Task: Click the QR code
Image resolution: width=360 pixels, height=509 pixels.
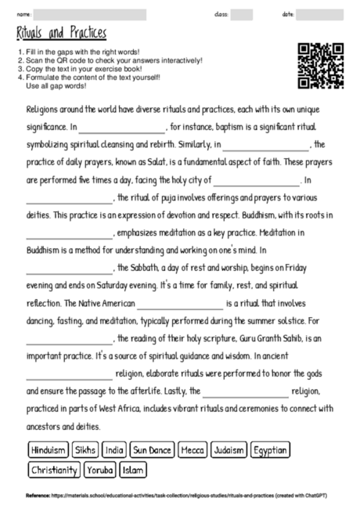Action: [x=321, y=66]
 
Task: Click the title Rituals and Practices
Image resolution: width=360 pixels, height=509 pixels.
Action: [x=61, y=33]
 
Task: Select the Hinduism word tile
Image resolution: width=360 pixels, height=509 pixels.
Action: [x=48, y=450]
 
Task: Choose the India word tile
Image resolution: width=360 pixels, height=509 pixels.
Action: [x=113, y=450]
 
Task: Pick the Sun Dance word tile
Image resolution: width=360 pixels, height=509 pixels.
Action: [x=152, y=450]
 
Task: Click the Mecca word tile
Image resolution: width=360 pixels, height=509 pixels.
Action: [x=192, y=450]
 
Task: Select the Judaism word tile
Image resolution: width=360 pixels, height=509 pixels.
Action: [x=229, y=450]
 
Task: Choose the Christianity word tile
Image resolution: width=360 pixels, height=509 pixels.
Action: [x=54, y=470]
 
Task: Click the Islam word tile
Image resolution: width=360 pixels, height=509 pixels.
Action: [x=133, y=470]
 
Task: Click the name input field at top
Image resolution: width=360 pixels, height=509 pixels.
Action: [x=90, y=14]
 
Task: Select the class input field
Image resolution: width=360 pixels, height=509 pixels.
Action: [x=241, y=14]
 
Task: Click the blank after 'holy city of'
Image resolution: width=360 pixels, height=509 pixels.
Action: [x=256, y=181]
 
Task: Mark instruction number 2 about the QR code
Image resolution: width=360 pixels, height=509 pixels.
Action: [x=110, y=61]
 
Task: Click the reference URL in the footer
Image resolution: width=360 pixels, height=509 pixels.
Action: [x=180, y=496]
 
